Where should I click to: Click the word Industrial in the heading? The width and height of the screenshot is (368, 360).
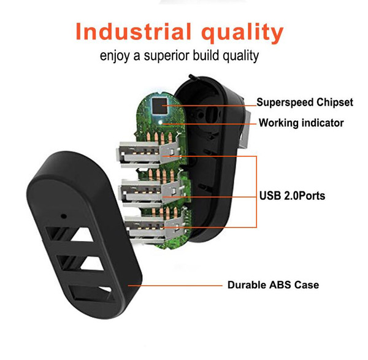[x=133, y=32]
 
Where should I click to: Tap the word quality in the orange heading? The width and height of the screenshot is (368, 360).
[x=242, y=33]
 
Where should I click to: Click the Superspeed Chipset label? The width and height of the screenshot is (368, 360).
[x=305, y=102]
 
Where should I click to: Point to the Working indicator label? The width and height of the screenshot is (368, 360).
[x=301, y=123]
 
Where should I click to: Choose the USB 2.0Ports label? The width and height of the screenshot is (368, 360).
[x=292, y=196]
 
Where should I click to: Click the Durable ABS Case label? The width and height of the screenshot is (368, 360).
[x=273, y=285]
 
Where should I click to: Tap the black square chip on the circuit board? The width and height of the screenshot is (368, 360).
[x=159, y=105]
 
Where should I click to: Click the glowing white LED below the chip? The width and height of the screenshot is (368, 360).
[x=161, y=122]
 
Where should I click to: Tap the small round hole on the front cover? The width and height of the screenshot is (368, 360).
[x=63, y=216]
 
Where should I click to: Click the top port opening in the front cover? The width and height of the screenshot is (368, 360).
[x=70, y=234]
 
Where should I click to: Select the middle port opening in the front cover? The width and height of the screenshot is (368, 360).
[x=80, y=263]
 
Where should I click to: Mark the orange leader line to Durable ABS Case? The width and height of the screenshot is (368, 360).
[x=175, y=286]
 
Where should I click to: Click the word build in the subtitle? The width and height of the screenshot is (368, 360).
[x=206, y=55]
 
